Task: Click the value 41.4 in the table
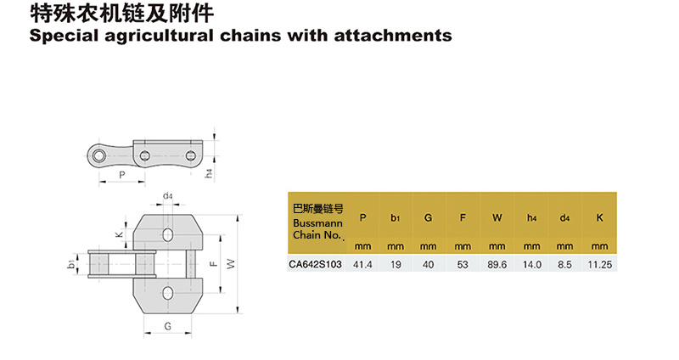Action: point(362,265)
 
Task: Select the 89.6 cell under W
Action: point(497,265)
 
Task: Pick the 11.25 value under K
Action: point(599,265)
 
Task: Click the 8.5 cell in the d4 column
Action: point(566,265)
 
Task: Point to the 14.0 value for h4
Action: point(531,265)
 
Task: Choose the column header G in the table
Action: point(429,218)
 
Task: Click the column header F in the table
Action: point(463,218)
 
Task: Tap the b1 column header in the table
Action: point(396,218)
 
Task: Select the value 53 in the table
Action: point(463,265)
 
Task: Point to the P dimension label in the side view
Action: point(122,176)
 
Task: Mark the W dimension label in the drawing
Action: point(229,264)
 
